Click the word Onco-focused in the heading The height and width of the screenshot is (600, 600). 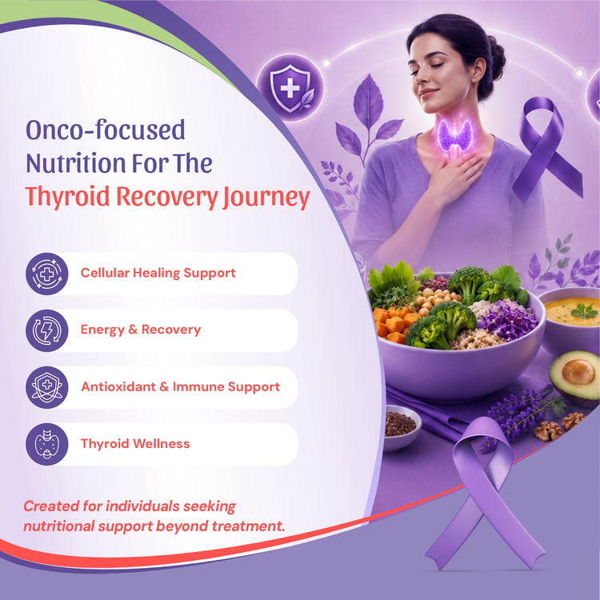pyautogui.click(x=106, y=130)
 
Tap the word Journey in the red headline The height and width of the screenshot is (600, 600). pyautogui.click(x=266, y=197)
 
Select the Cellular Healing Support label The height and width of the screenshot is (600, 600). pyautogui.click(x=158, y=273)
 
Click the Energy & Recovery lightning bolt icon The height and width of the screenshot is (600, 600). pyautogui.click(x=46, y=330)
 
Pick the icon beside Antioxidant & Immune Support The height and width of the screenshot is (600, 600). pyautogui.click(x=46, y=387)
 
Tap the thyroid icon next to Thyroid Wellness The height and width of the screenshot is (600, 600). pyautogui.click(x=46, y=444)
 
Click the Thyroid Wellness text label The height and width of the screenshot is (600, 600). pyautogui.click(x=135, y=444)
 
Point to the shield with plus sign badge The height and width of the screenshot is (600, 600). pyautogui.click(x=290, y=88)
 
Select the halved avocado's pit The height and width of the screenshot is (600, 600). pyautogui.click(x=578, y=371)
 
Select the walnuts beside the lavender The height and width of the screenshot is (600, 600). pyautogui.click(x=558, y=426)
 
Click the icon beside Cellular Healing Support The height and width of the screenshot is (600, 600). pyautogui.click(x=46, y=274)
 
